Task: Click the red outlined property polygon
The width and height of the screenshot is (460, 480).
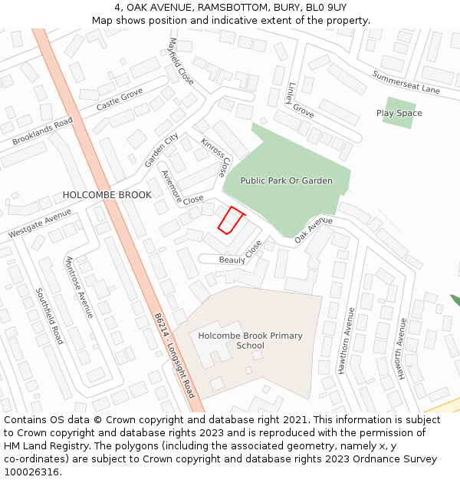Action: pyautogui.click(x=230, y=220)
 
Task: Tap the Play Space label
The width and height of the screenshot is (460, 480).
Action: pyautogui.click(x=399, y=113)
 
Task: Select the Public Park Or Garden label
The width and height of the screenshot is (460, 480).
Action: pyautogui.click(x=287, y=180)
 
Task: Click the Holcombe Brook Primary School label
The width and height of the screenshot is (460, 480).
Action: pyautogui.click(x=250, y=340)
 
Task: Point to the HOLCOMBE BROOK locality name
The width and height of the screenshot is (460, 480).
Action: pyautogui.click(x=107, y=195)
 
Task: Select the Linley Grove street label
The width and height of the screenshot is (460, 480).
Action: pyautogui.click(x=301, y=101)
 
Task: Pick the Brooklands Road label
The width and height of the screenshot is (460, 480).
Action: pyautogui.click(x=42, y=131)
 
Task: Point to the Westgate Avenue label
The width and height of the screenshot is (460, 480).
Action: pyautogui.click(x=39, y=223)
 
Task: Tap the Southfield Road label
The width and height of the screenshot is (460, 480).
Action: pyautogui.click(x=49, y=316)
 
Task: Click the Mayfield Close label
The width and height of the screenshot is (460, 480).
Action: pyautogui.click(x=180, y=61)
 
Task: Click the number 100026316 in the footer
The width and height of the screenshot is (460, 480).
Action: pyautogui.click(x=31, y=472)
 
